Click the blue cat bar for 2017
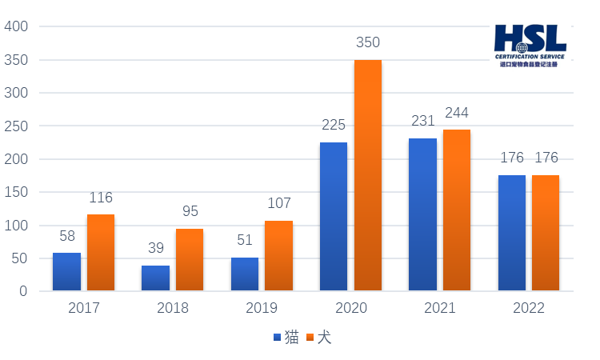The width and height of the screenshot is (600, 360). tap(66, 271)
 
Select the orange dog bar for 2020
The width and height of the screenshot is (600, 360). tap(368, 175)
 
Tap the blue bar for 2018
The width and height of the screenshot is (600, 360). tap(155, 278)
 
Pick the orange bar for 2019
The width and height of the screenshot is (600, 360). tap(278, 255)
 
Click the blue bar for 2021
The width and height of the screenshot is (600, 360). tap(422, 214)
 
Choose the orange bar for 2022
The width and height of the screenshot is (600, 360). tap(546, 232)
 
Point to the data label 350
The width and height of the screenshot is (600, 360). tap(367, 42)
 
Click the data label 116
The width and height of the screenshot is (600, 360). tap(101, 198)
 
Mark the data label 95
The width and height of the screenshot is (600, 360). tap(190, 211)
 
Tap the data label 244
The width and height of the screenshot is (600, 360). tap(456, 113)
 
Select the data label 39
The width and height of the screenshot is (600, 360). tap(155, 249)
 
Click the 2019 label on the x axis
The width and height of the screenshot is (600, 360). tap(262, 308)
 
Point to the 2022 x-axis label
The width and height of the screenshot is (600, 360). tap(529, 308)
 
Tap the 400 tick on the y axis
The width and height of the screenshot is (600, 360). tap(17, 26)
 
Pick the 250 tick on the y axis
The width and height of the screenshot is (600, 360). tap(17, 126)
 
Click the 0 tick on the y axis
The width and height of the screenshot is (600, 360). tap(23, 291)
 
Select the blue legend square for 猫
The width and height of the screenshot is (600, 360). tap(278, 338)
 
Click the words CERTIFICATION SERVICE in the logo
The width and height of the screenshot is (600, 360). tap(530, 57)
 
